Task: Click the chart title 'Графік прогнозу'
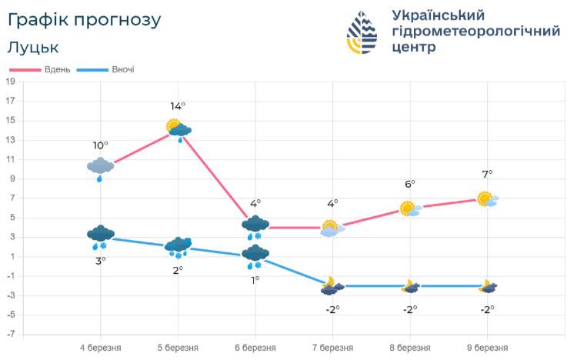pyautogui.click(x=85, y=20)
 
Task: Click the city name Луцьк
pyautogui.click(x=32, y=48)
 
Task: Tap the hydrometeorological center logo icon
pyautogui.click(x=362, y=32)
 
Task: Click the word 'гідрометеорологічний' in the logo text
pyautogui.click(x=475, y=32)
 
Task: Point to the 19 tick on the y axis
pyautogui.click(x=10, y=81)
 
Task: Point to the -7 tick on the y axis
pyautogui.click(x=10, y=335)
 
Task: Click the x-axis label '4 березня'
pyautogui.click(x=100, y=348)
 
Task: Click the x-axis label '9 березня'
pyautogui.click(x=486, y=348)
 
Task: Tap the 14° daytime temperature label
pyautogui.click(x=178, y=106)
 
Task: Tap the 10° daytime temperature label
pyautogui.click(x=101, y=145)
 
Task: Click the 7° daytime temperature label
pyautogui.click(x=486, y=175)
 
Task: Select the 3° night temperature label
pyautogui.click(x=101, y=260)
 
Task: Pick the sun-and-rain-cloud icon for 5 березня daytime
pyautogui.click(x=178, y=129)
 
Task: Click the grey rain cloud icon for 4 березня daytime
pyautogui.click(x=101, y=168)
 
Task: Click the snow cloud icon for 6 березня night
pyautogui.click(x=255, y=255)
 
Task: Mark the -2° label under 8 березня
pyautogui.click(x=409, y=309)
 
